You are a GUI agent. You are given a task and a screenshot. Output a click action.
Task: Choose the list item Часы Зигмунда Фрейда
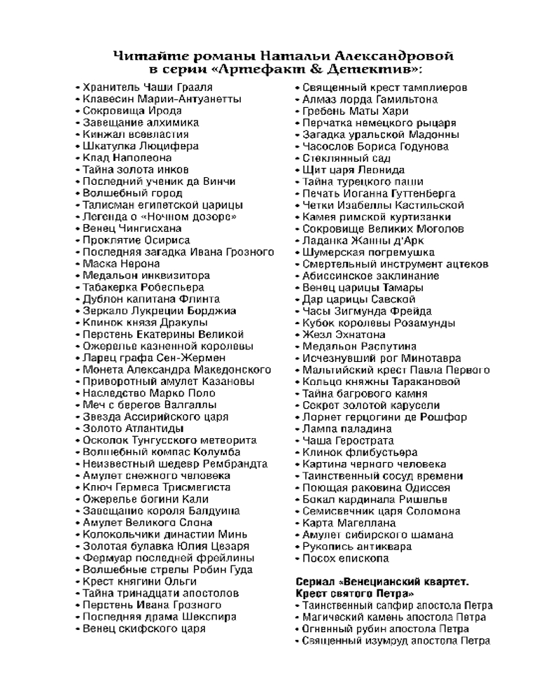point(367,311)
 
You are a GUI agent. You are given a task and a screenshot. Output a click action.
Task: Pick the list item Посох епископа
point(345,559)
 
